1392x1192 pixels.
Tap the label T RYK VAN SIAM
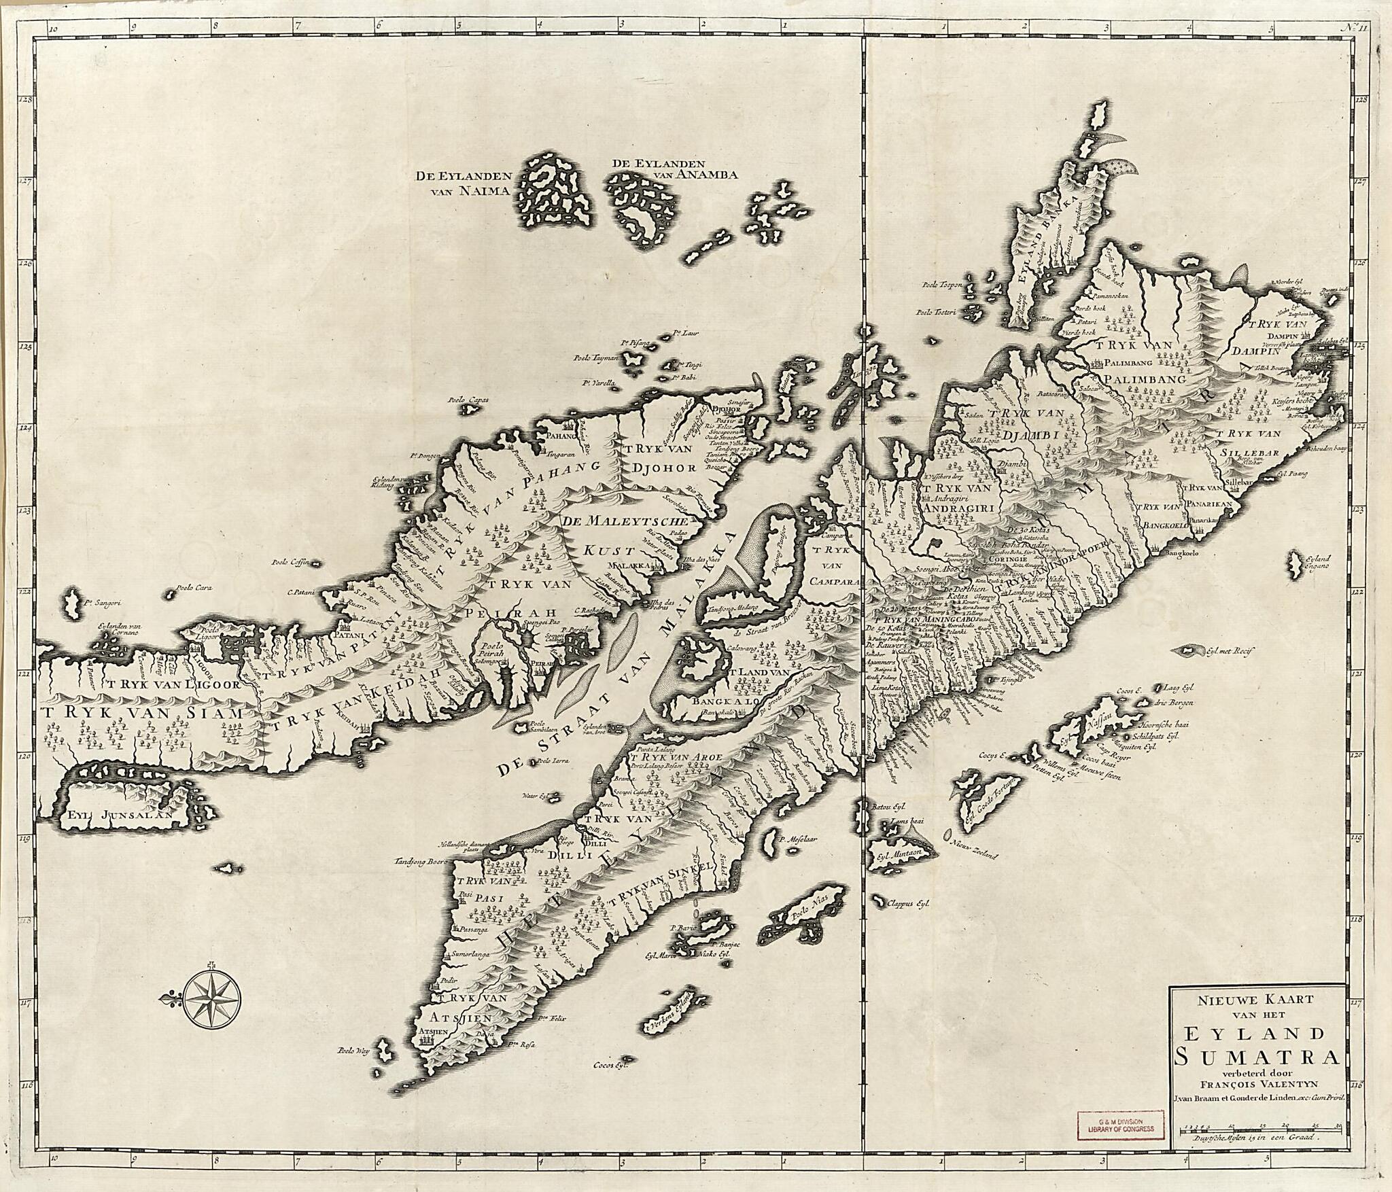[141, 714]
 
